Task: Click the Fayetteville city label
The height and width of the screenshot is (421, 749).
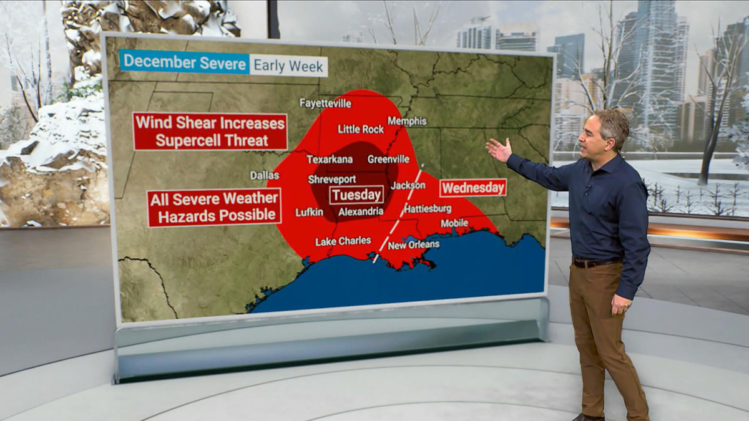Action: tap(325, 103)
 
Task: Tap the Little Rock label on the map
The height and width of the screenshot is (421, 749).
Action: tap(361, 129)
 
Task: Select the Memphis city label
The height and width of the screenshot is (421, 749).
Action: tap(407, 121)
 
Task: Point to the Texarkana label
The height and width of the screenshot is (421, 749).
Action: tap(330, 159)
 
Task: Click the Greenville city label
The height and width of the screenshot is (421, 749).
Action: tap(388, 159)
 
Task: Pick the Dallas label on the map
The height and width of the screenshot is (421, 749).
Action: tap(265, 175)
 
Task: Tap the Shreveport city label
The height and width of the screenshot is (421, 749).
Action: tap(332, 179)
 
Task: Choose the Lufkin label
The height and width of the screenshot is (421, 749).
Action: tap(309, 212)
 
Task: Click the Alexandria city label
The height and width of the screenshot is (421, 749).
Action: tap(361, 212)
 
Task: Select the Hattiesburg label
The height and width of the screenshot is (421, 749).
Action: tap(428, 208)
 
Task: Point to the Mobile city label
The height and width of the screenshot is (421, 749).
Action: tap(454, 223)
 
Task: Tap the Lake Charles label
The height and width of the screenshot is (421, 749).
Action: tap(343, 241)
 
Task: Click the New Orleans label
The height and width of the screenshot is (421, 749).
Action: tap(414, 244)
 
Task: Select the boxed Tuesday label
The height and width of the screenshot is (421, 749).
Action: tap(356, 195)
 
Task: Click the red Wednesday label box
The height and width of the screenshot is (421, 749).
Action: tap(472, 188)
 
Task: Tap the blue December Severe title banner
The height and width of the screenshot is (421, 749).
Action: tap(184, 62)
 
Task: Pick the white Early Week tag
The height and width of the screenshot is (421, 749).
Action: tap(288, 65)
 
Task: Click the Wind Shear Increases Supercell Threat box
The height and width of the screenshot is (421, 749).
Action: tap(210, 131)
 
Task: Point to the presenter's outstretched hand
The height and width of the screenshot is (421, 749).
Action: tap(498, 150)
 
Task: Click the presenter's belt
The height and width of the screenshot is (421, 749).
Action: tap(596, 263)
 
